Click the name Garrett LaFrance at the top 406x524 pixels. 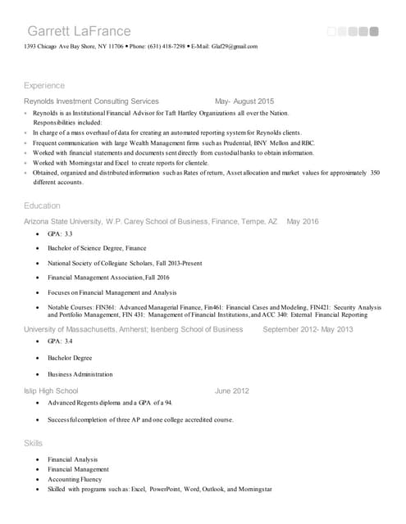coord(79,31)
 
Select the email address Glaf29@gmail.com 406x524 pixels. coord(234,47)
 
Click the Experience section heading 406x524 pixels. coord(44,85)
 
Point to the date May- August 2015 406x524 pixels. coord(233,101)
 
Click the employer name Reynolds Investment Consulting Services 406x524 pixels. coord(91,101)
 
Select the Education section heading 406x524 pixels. coord(42,206)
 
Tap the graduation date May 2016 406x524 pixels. coord(303,221)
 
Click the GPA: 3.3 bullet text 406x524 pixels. coord(60,234)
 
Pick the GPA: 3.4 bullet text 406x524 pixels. coord(60,341)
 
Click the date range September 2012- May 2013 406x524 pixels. coord(308,329)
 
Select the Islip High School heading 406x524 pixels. coord(51,391)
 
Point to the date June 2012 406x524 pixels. coord(232,391)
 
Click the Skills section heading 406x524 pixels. coord(34,442)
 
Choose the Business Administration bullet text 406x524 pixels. coord(80,374)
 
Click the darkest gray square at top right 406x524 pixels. coord(374,32)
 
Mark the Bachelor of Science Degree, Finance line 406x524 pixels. coord(97,248)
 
